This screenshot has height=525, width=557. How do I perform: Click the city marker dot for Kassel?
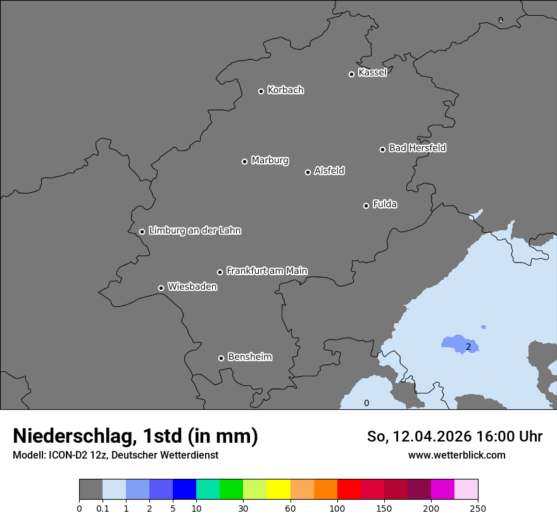click(x=351, y=74)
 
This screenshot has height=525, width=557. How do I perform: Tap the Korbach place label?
click(x=285, y=90)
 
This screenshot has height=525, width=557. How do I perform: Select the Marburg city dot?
click(x=244, y=161)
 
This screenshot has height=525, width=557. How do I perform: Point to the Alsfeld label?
click(x=329, y=171)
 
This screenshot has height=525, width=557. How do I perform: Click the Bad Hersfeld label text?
click(x=417, y=148)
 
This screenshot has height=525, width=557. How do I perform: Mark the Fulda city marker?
click(x=366, y=206)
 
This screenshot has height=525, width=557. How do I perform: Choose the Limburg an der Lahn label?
click(x=194, y=231)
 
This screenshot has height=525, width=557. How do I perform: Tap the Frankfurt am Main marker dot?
click(x=220, y=272)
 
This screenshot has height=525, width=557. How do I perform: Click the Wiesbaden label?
click(x=192, y=287)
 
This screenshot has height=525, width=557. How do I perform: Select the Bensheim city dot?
click(x=221, y=358)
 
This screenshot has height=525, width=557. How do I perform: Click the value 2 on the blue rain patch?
click(x=468, y=347)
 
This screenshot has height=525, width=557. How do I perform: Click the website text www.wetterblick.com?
click(x=456, y=455)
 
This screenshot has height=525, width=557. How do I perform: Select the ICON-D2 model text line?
click(x=115, y=455)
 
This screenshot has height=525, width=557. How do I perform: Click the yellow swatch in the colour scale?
click(x=278, y=490)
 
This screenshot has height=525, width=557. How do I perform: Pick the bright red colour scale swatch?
click(x=349, y=490)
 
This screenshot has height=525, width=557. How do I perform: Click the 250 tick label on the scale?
click(x=478, y=508)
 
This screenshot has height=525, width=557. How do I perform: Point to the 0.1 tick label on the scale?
click(x=103, y=508)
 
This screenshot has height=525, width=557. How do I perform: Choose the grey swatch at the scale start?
click(x=91, y=490)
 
